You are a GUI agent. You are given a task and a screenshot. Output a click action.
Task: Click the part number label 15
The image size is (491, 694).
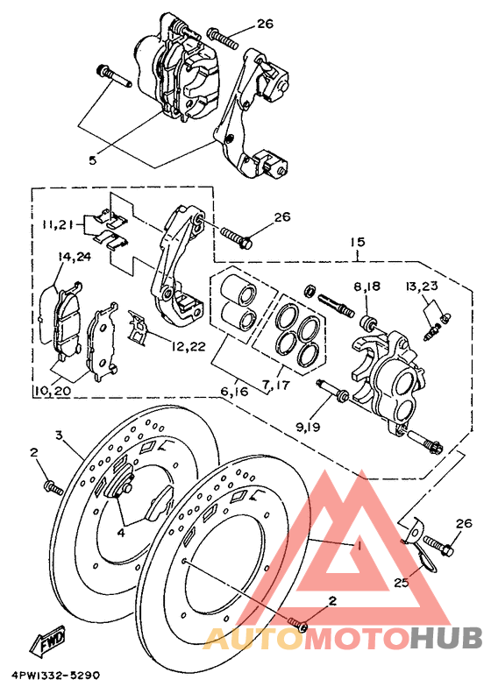tap(358, 242)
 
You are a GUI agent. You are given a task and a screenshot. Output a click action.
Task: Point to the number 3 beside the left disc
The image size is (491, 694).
tap(60, 435)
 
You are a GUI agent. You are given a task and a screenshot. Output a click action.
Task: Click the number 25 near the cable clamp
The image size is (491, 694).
tap(402, 581)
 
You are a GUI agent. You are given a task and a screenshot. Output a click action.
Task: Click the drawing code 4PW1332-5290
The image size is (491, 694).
tap(56, 676)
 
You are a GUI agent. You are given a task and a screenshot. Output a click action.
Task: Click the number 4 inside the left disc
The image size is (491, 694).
tap(122, 530)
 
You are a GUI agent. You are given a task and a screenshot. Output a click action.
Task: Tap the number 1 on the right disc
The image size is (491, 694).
tap(359, 545)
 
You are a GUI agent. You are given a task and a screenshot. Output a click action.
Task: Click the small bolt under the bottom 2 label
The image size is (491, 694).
tap(297, 624)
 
